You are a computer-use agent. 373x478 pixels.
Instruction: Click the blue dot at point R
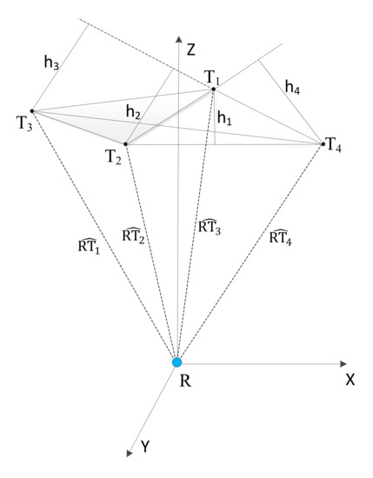click(x=177, y=362)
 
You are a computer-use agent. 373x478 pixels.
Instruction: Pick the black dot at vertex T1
click(x=213, y=89)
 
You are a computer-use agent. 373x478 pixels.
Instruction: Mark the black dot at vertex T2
click(x=126, y=144)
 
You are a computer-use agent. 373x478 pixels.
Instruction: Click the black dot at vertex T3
click(x=32, y=110)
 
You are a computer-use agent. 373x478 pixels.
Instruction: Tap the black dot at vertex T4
click(x=323, y=143)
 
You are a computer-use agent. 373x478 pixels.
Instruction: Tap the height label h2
click(x=133, y=112)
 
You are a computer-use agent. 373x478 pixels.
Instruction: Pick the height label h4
click(x=293, y=86)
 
